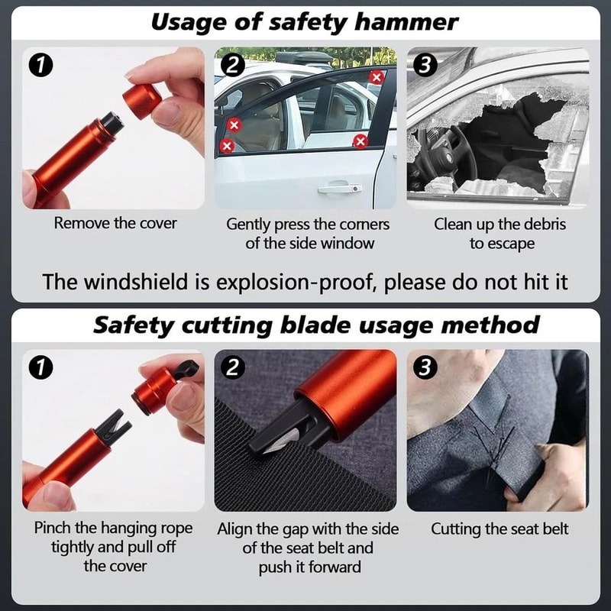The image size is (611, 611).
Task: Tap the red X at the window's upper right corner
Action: coord(377,76)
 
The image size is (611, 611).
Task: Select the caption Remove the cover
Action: coord(115,224)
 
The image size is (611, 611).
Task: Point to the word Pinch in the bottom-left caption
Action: coord(55,529)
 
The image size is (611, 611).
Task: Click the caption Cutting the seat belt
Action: coord(499,529)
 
